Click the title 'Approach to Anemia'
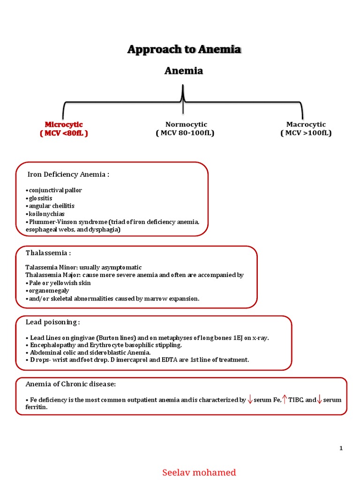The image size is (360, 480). coord(184,49)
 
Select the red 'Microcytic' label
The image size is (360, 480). coord(64,124)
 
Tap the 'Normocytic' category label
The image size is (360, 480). coord(186,124)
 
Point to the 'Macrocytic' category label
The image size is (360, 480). coord(306,124)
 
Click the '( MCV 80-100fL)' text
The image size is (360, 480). coord(185,133)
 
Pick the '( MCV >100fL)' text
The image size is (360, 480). coord(306,133)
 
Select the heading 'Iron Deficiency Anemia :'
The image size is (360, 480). coord(68,174)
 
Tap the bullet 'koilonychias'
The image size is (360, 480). coord(46,214)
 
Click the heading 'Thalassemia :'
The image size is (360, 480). coord(48,253)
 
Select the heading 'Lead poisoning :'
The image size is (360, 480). coord(52,322)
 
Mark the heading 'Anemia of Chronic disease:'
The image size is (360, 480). coord(70,384)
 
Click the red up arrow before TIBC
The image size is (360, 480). coord(285,399)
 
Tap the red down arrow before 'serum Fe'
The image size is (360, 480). coord(250,399)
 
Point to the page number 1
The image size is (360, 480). coord(341,448)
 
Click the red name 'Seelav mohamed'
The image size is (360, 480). coord(199,472)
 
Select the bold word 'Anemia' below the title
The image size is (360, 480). coord(183,71)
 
